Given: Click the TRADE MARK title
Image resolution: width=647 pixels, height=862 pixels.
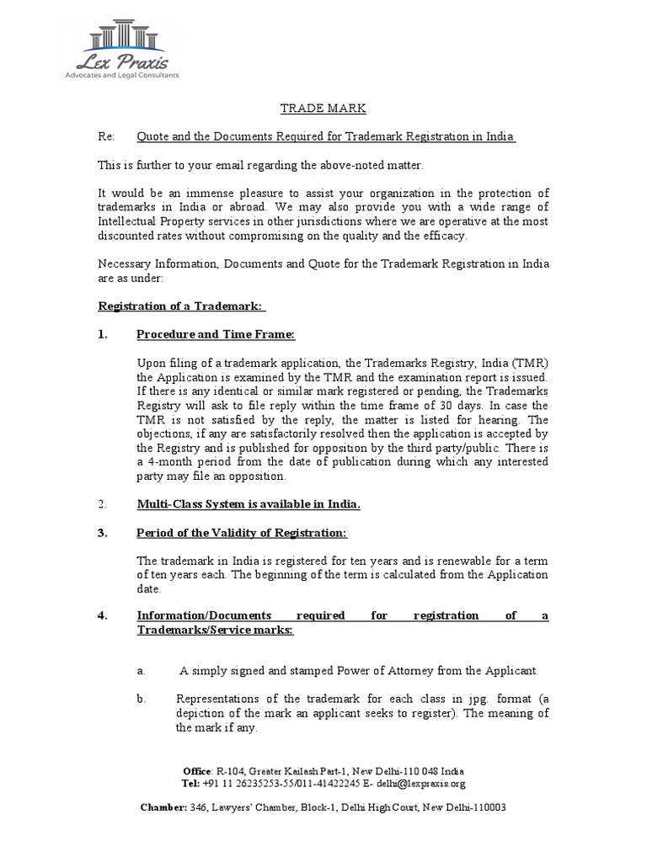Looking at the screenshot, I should click(x=323, y=109).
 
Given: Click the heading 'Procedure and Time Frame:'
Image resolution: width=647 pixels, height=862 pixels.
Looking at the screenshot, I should click(x=216, y=334).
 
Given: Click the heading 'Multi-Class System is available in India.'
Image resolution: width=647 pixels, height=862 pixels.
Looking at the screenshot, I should click(x=249, y=504).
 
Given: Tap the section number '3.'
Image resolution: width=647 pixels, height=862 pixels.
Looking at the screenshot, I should click(x=103, y=534).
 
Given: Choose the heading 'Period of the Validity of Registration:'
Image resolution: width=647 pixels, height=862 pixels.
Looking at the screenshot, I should click(x=242, y=534).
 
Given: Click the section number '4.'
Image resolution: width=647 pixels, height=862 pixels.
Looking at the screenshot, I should click(x=103, y=615).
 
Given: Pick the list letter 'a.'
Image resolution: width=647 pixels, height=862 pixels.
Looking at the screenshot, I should click(x=142, y=671).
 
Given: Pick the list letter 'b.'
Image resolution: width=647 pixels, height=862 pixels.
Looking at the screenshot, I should click(x=142, y=699).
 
